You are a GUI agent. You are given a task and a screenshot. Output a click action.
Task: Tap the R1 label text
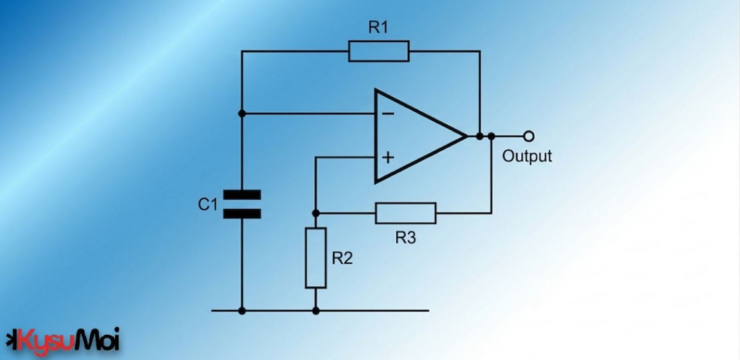pos(378,28)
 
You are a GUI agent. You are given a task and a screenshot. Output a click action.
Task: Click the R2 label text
pos(343,258)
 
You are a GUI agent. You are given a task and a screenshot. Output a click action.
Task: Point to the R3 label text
pos(406,237)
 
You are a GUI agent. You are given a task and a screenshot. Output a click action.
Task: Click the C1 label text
pos(208,205)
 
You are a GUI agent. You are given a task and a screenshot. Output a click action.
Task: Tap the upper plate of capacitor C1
pos(242,195)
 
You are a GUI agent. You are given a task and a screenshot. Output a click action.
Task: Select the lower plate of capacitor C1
pos(242,214)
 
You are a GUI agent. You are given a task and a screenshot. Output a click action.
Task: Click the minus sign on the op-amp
pos(388,114)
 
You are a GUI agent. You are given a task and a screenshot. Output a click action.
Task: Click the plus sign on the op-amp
pos(388,158)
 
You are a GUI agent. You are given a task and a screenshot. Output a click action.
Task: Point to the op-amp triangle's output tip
pos(467,136)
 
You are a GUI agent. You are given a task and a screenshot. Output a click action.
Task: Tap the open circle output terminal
pos(529,136)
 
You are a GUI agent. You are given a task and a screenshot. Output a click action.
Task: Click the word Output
pos(527,156)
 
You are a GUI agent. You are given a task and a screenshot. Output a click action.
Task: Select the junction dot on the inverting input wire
pos(242,114)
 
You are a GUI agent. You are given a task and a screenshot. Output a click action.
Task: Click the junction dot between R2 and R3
pos(316,213)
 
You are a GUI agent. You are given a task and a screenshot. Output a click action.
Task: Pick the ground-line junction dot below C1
pos(242,311)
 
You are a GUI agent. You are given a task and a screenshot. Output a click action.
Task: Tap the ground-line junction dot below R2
pos(316,311)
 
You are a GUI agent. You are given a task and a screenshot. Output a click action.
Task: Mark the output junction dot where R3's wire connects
pos(491,136)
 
